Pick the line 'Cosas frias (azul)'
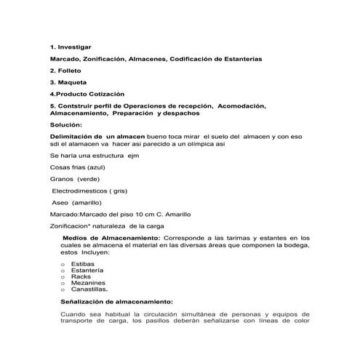pyautogui.click(x=73, y=168)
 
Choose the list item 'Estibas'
pyautogui.click(x=84, y=265)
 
